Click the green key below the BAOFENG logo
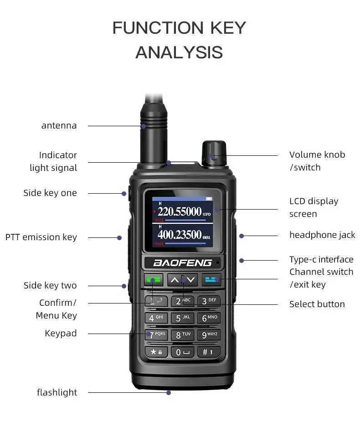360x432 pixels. (x=153, y=279)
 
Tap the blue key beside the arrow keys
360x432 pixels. (x=211, y=279)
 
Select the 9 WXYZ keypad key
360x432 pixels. (x=209, y=335)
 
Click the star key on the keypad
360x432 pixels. (x=156, y=352)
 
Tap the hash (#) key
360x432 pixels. (x=209, y=352)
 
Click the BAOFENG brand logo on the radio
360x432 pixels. (x=182, y=263)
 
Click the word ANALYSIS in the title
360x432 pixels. (x=179, y=52)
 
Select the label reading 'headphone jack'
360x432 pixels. (x=322, y=235)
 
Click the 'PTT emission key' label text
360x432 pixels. (x=41, y=237)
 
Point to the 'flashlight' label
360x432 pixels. (x=57, y=392)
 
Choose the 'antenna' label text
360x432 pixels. (x=59, y=125)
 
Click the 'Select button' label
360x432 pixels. (x=317, y=304)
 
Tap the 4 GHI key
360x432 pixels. (x=156, y=318)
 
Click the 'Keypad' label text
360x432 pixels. (x=61, y=333)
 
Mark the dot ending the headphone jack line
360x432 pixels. (x=242, y=236)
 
